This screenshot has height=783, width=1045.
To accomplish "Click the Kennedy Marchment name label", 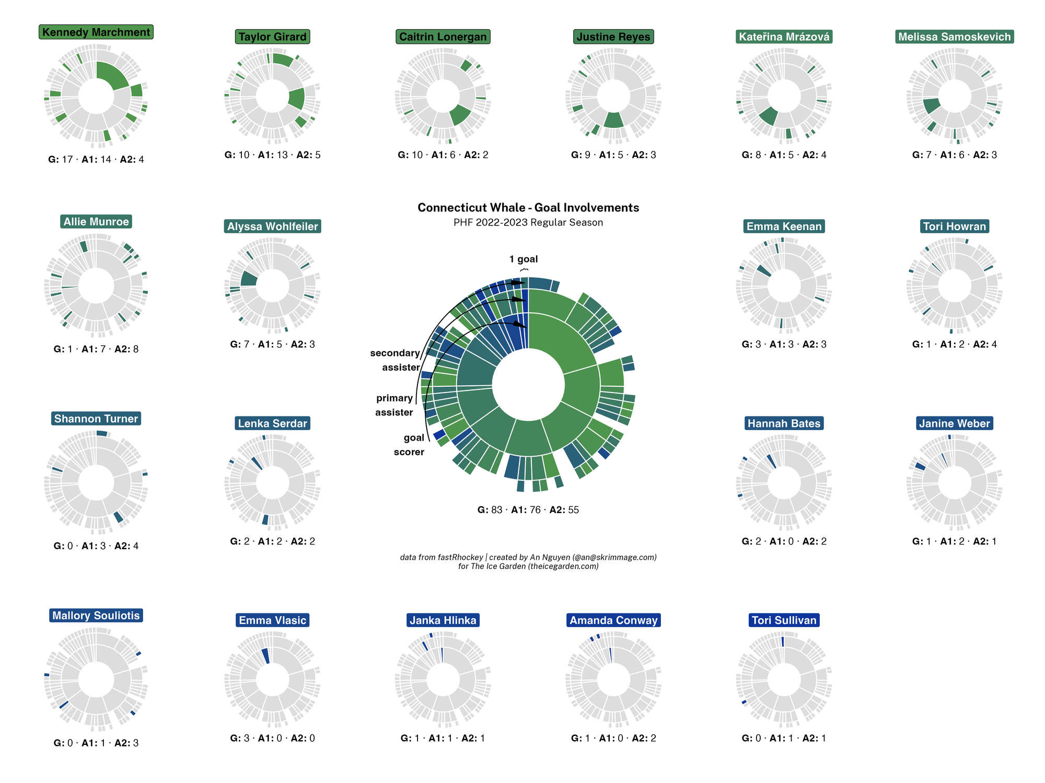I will (96, 32).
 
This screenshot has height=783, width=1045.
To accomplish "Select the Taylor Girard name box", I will (272, 37).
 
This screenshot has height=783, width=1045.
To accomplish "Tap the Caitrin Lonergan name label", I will (443, 37).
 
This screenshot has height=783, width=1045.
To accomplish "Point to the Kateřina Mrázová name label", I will (784, 37).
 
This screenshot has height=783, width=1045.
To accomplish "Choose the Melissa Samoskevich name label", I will (954, 37).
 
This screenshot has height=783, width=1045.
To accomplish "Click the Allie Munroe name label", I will (96, 222).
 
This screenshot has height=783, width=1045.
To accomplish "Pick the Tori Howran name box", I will (954, 227).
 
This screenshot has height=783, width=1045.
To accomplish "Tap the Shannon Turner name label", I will (96, 419).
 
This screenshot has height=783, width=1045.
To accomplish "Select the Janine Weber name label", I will (954, 423).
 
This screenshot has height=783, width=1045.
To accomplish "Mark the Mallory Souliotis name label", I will (96, 615).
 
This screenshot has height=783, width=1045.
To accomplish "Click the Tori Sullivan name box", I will (784, 620).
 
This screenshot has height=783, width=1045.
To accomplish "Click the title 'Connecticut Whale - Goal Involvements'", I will (528, 208).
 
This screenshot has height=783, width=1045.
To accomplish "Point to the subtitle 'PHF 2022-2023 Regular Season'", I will (528, 222).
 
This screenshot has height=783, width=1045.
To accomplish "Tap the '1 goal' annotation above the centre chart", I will (524, 259).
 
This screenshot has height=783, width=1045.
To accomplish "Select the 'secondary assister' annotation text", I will (396, 360).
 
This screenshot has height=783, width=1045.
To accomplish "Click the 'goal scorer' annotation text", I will (410, 445).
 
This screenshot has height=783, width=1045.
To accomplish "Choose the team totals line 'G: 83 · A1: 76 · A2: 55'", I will (528, 510).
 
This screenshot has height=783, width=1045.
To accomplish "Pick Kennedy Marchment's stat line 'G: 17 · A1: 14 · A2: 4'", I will (96, 160).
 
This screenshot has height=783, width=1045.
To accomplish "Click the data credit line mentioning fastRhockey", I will (528, 557).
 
